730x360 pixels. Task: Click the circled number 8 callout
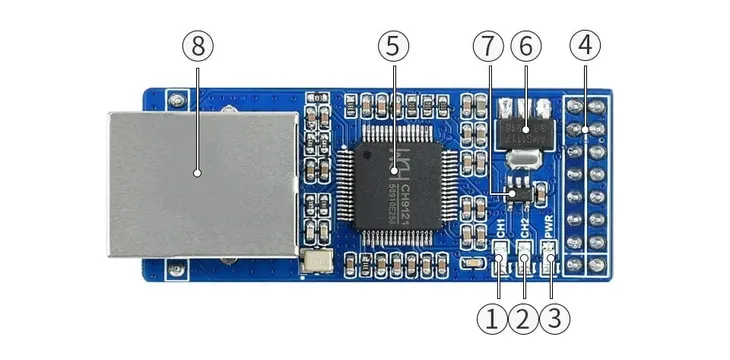[x=198, y=46]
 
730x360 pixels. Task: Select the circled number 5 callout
[x=393, y=46]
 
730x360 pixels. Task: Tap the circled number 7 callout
[x=488, y=46]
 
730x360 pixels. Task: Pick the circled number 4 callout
[x=585, y=46]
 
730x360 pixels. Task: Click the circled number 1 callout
[x=492, y=320]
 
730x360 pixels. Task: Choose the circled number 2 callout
[x=522, y=320]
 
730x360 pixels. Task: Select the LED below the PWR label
[x=549, y=265]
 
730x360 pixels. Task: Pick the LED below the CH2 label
[x=524, y=265]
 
